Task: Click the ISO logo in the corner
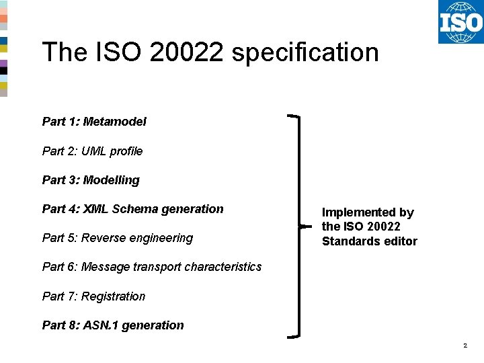tap(460, 22)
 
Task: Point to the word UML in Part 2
tap(93, 151)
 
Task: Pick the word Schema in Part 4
tap(134, 209)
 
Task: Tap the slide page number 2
tap(465, 346)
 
